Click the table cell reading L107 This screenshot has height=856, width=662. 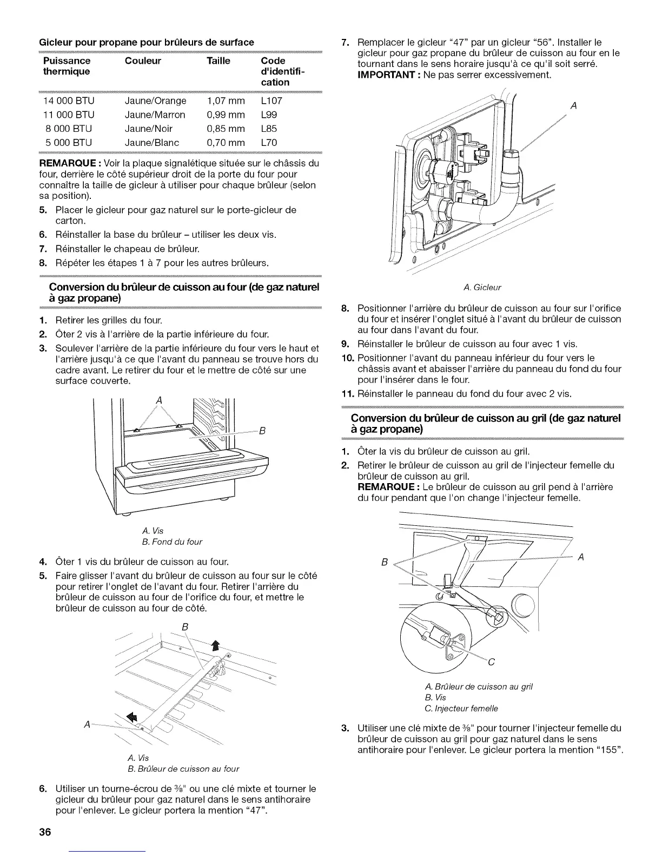coord(271,101)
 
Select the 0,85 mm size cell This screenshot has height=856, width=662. coord(226,129)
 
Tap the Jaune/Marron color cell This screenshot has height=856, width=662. coord(155,115)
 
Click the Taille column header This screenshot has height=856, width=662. coord(219,61)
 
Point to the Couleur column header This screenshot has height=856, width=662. coord(143,61)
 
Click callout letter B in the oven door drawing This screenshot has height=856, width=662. coord(261,431)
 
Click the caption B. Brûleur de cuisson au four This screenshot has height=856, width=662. coord(183,768)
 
